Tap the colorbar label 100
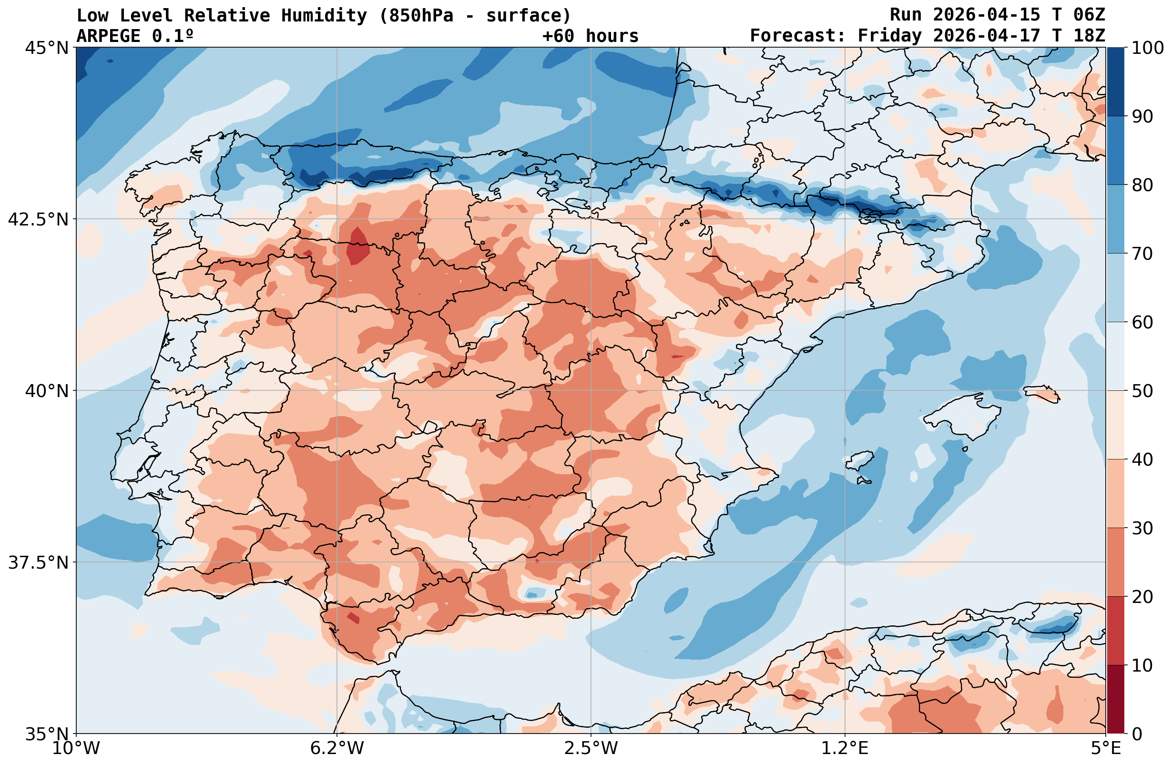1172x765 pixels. (1147, 48)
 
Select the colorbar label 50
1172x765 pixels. (1142, 392)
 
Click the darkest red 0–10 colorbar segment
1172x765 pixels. (1115, 700)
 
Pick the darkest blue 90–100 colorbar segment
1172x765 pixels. (1115, 82)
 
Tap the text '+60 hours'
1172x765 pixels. (590, 36)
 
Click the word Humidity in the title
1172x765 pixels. (324, 16)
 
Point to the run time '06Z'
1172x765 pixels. (1089, 15)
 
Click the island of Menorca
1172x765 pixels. (1041, 394)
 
